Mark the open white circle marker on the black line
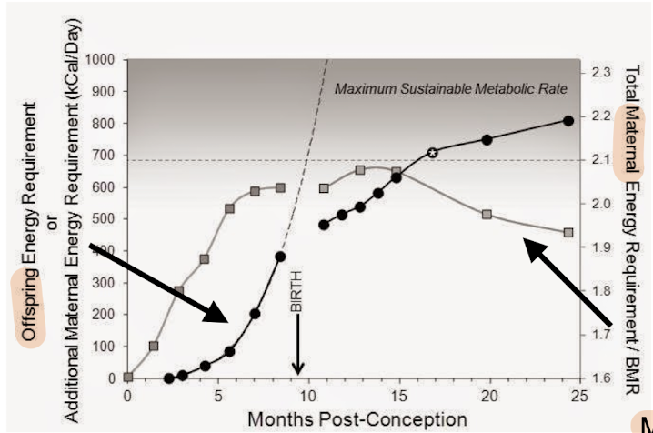(x=433, y=153)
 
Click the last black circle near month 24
(x=568, y=120)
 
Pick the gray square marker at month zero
(x=128, y=377)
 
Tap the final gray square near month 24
(x=568, y=233)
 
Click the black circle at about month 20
(x=487, y=139)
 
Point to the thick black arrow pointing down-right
(x=159, y=282)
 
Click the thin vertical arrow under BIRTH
(x=298, y=346)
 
